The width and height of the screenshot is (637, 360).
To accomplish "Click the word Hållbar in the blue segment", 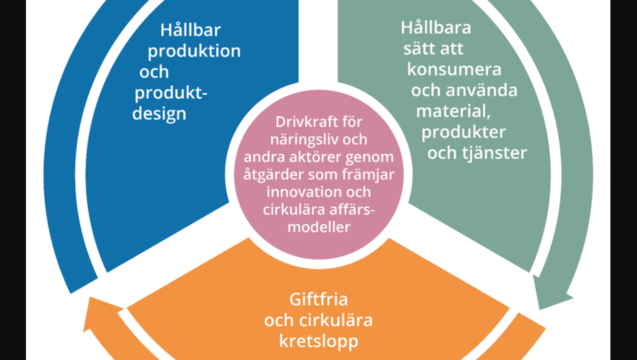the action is tap(190, 30).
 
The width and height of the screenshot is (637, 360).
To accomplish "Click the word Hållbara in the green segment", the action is tap(436, 28).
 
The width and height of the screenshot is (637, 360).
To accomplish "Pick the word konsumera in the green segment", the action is tap(454, 69).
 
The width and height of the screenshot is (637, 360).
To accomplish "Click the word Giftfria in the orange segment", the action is tap(318, 299).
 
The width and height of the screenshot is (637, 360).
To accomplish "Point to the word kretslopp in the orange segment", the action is tap(319, 341).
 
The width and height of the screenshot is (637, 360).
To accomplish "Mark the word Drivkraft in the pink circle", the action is tap(302, 122).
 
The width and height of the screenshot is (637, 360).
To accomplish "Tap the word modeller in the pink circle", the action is tap(319, 227).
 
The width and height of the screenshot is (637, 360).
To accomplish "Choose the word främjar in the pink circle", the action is tap(368, 175).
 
